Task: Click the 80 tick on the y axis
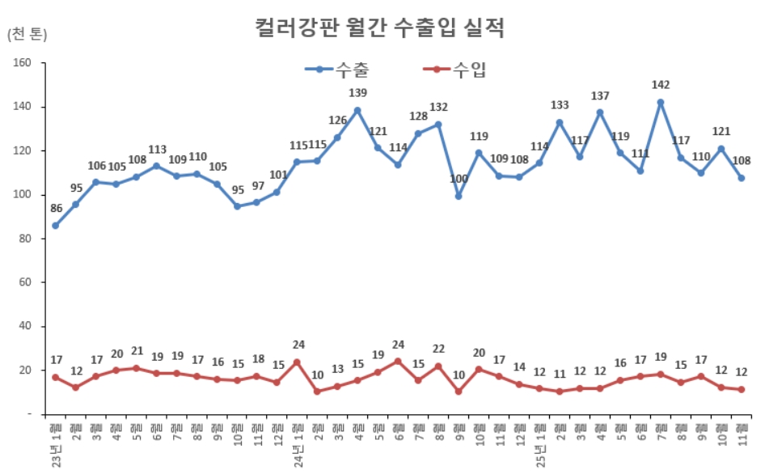(x=24, y=239)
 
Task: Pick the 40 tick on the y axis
(x=24, y=327)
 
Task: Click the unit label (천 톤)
(x=27, y=34)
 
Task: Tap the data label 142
(x=661, y=85)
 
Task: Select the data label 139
(x=357, y=93)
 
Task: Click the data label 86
(x=55, y=209)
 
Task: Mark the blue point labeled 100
(x=459, y=196)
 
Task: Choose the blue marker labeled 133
(x=560, y=123)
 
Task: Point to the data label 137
(x=600, y=96)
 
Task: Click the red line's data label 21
(x=136, y=352)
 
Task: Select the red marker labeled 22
(x=438, y=366)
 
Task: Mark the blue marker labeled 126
(x=337, y=138)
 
